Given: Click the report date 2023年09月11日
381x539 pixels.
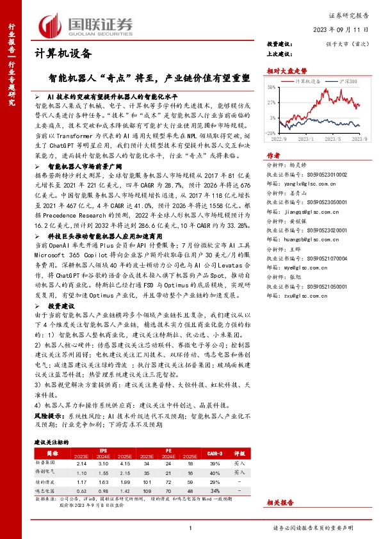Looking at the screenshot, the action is click(x=340, y=30).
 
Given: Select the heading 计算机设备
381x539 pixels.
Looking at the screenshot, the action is click(x=62, y=54).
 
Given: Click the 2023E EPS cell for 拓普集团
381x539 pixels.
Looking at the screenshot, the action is click(x=81, y=463).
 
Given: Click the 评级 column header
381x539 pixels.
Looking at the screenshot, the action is click(x=238, y=451).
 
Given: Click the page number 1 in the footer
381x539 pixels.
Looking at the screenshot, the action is click(x=190, y=527).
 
